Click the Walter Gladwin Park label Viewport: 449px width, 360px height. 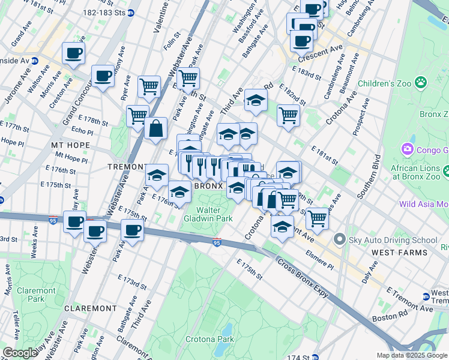pos(216,214)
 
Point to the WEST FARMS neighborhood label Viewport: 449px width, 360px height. pos(400,253)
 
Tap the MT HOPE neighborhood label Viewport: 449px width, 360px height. pos(70,145)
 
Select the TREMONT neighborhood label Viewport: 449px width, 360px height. pos(127,166)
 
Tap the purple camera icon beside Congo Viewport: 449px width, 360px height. pos(408,149)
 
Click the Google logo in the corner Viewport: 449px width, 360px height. pos(20,353)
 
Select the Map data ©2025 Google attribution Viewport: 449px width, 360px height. pos(412,355)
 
